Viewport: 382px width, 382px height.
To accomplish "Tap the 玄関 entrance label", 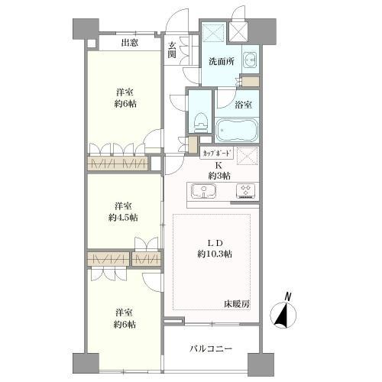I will (x=173, y=50).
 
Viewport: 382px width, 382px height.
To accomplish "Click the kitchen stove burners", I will (x=247, y=191).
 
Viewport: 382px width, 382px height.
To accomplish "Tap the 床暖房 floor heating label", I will (x=237, y=305).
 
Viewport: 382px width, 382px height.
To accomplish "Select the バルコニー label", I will (x=212, y=350).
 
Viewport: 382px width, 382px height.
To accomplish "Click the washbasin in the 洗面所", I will (x=251, y=60).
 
